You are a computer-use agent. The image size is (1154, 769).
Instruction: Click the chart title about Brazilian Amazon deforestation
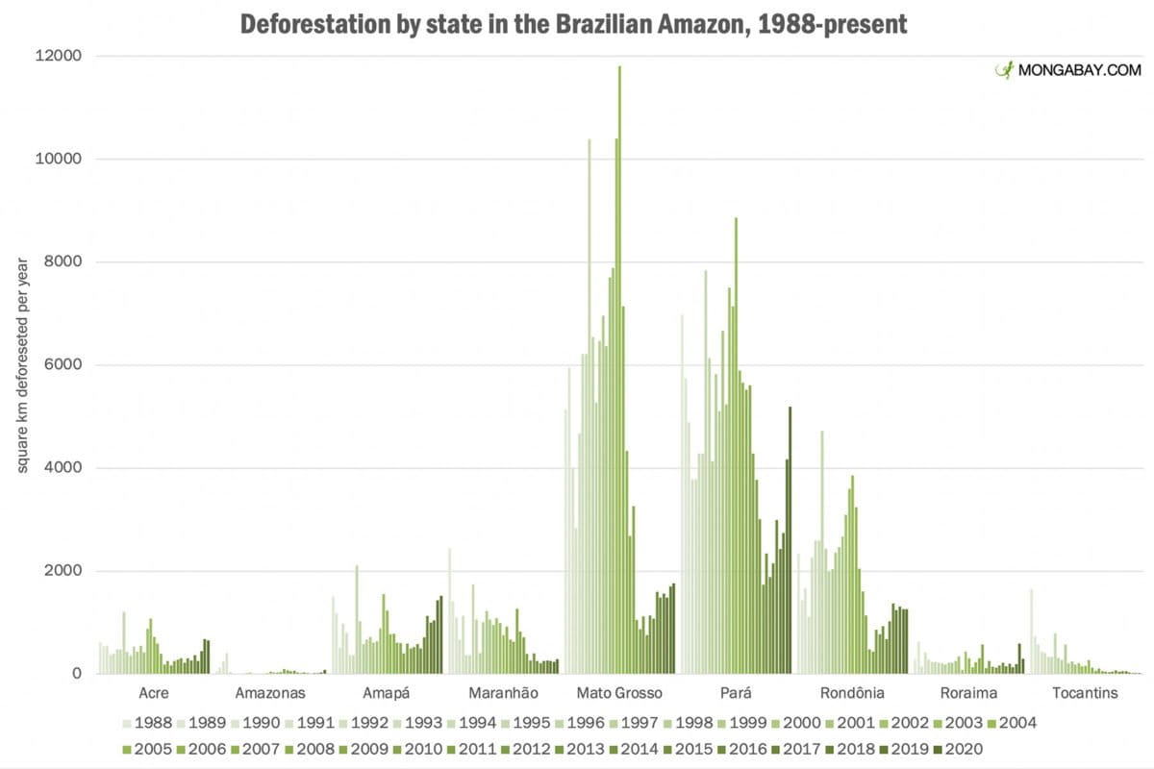coord(573,24)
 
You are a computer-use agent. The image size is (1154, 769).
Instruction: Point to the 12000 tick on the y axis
coord(60,56)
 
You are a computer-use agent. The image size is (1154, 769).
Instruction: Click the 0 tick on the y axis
coord(76,674)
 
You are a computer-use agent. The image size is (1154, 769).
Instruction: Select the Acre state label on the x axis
coord(154,693)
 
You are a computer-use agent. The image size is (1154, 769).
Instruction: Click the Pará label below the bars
coord(736,693)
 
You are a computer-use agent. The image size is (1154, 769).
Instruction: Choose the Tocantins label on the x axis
coord(1084,693)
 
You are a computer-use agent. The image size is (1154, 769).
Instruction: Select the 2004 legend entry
coord(1009,723)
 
